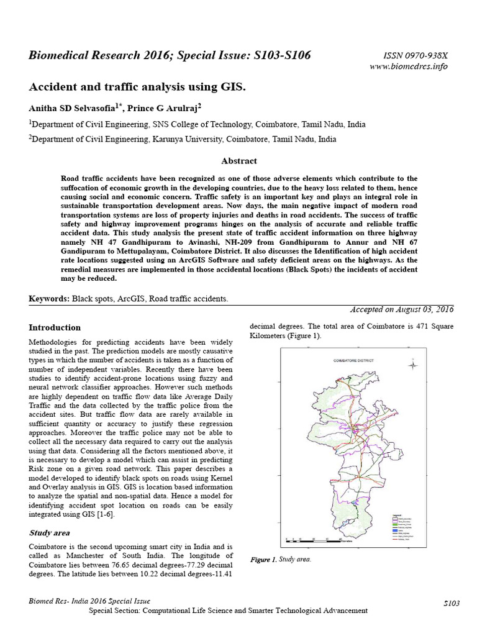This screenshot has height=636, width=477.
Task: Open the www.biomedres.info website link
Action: tap(409, 66)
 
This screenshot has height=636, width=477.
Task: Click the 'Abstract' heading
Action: tap(239, 161)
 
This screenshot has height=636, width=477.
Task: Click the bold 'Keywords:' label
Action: tap(49, 299)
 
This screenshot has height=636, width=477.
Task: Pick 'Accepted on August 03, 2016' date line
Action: tap(402, 309)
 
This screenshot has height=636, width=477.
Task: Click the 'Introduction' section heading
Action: tap(55, 327)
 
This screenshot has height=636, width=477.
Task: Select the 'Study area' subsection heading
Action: tap(50, 532)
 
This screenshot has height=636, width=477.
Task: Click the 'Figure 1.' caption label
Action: tap(263, 560)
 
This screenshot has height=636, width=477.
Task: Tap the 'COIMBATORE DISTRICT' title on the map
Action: tap(352, 360)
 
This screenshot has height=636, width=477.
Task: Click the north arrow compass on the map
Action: tap(413, 365)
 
